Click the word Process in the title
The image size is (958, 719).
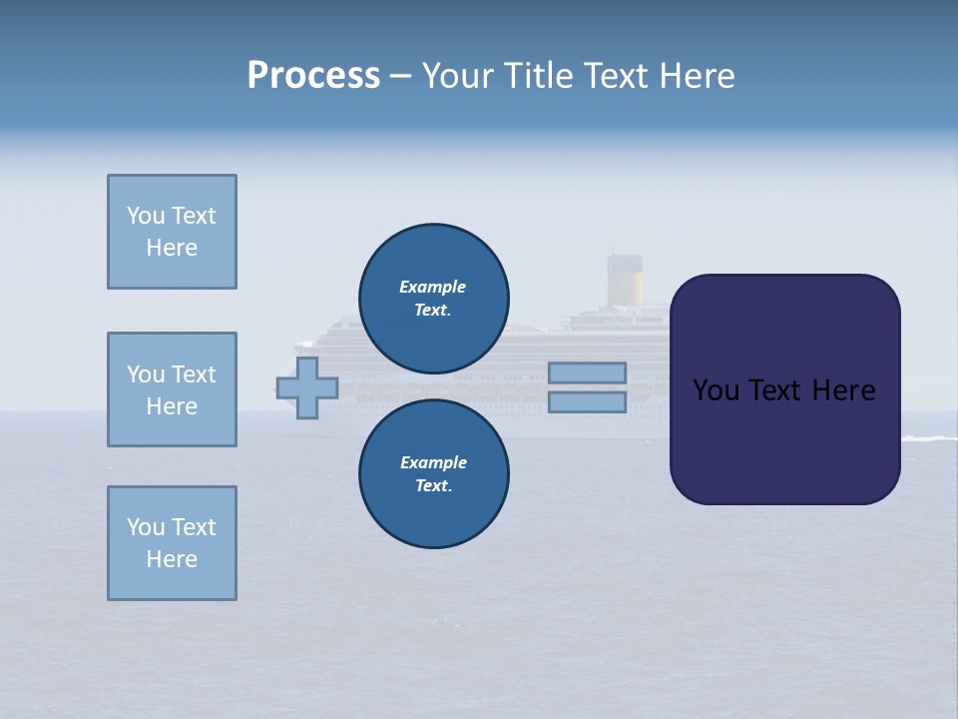coord(313,76)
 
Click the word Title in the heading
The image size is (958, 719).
coord(544,76)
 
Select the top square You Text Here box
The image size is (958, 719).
coord(172,232)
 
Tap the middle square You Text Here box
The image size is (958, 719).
coord(172,389)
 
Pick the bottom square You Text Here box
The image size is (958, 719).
coord(172,543)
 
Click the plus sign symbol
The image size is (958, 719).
coord(307,387)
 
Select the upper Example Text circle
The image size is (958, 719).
coord(433,298)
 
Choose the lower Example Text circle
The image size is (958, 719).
coord(433,473)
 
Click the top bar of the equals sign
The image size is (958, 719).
coord(587,372)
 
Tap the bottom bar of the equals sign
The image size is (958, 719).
coord(587,401)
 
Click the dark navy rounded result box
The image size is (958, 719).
coord(784,389)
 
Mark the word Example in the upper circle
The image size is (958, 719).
coord(433,287)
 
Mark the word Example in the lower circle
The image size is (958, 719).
coord(433,462)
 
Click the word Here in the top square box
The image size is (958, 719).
coord(172,248)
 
